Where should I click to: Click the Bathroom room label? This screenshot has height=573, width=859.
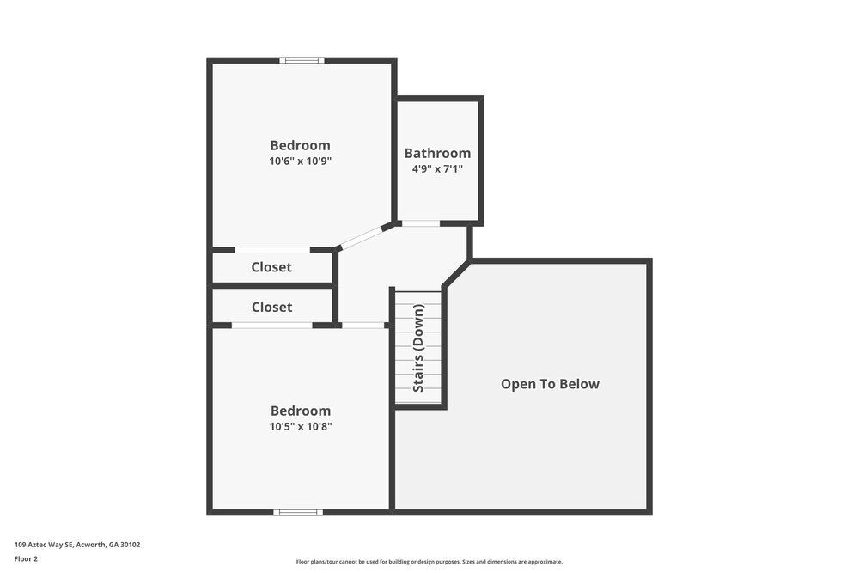[437, 153]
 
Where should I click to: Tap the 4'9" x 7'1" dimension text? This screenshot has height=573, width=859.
[437, 169]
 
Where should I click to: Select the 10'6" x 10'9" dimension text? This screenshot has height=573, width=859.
[300, 161]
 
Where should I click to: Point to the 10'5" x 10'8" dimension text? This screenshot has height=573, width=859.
[300, 426]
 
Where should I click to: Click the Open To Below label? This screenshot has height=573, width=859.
[550, 384]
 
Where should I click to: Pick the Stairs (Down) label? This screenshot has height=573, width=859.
[418, 348]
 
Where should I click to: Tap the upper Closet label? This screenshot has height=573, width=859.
[271, 267]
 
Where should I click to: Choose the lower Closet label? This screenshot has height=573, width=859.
[271, 307]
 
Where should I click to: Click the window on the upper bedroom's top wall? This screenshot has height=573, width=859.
[302, 60]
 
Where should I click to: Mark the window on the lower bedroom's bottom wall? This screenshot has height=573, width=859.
[298, 512]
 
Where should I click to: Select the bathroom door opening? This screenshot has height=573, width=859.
[421, 223]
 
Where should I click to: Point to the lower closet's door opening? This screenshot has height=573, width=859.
[271, 326]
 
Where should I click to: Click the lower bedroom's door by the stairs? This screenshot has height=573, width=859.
[362, 326]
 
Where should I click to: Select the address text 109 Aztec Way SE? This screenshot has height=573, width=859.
[77, 545]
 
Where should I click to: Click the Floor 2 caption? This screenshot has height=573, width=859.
[26, 558]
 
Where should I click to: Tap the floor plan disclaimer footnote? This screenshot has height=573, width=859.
[429, 562]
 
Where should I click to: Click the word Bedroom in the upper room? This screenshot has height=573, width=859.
[300, 145]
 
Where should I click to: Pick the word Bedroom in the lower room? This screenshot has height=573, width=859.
[300, 411]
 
